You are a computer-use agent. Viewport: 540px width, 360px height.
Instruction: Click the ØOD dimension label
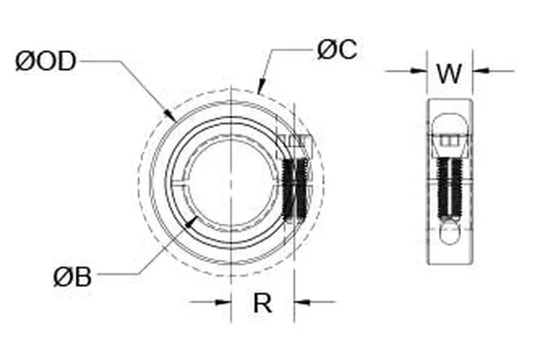pyautogui.click(x=45, y=61)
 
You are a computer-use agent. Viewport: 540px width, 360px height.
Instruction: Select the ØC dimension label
pyautogui.click(x=337, y=49)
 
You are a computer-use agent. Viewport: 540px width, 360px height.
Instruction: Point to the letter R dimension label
pyautogui.click(x=262, y=303)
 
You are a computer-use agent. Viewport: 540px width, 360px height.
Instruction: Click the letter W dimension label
pyautogui.click(x=449, y=72)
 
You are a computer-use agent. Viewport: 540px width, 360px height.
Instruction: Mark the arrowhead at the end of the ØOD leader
pyautogui.click(x=172, y=117)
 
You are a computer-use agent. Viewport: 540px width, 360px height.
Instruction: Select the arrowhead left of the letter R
pyautogui.click(x=225, y=302)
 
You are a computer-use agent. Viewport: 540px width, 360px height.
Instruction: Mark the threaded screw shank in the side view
pyautogui.click(x=449, y=189)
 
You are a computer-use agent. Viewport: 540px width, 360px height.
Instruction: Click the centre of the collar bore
pyautogui.click(x=232, y=184)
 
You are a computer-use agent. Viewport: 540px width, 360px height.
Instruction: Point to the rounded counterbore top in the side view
pyautogui.click(x=449, y=122)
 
